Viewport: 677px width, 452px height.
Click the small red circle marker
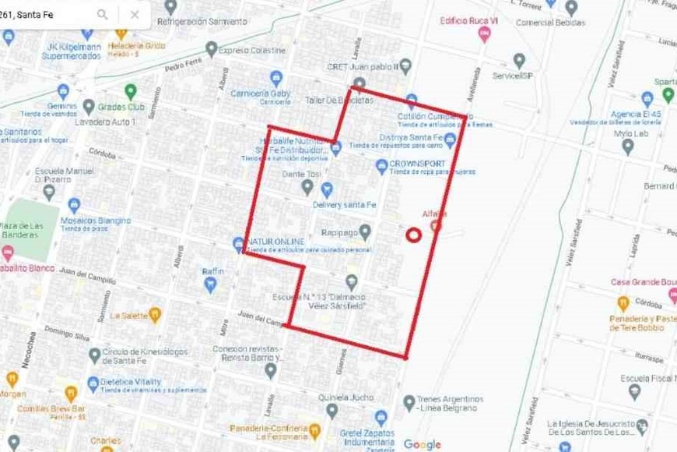point(414,234)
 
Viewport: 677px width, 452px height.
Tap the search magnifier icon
point(103,14)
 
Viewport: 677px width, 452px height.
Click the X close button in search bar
point(135,14)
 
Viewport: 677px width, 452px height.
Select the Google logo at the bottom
point(422,444)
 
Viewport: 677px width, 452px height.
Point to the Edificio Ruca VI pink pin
point(484,34)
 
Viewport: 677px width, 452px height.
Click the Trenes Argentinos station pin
point(409,402)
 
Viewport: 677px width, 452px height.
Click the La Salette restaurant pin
point(154,315)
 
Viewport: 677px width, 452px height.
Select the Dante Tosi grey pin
point(307,187)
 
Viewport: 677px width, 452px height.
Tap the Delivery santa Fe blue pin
point(327,189)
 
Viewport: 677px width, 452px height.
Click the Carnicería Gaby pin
point(275,77)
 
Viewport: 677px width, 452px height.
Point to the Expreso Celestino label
point(251,50)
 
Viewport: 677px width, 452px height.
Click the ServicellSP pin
point(519,60)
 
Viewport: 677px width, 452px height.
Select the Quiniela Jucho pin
point(332,411)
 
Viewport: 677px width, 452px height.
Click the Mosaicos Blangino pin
point(75,206)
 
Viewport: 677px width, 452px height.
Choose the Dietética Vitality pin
point(93,383)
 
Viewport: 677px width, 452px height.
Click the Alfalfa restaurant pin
point(436,226)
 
